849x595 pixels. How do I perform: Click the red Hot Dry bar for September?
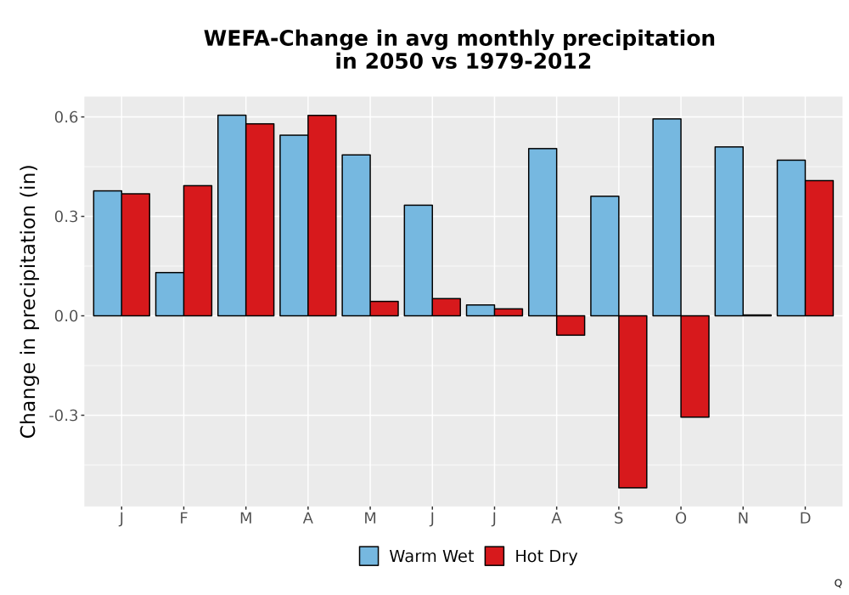pyautogui.click(x=633, y=401)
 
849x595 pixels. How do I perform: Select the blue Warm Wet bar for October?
pyautogui.click(x=666, y=218)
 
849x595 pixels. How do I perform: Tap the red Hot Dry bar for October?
pyautogui.click(x=694, y=366)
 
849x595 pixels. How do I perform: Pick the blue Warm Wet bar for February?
pyautogui.click(x=170, y=294)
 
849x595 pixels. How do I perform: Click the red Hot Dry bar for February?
pyautogui.click(x=198, y=251)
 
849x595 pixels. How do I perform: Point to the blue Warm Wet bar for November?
pyautogui.click(x=728, y=231)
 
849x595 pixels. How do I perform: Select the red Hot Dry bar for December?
pyautogui.click(x=819, y=248)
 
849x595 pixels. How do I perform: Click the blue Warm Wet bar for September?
pyautogui.click(x=604, y=256)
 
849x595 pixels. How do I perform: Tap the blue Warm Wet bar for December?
pyautogui.click(x=791, y=238)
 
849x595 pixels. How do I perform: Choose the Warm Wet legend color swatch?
pyautogui.click(x=368, y=556)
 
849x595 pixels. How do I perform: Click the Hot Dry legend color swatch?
pyautogui.click(x=494, y=556)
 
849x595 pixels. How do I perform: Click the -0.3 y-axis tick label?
pyautogui.click(x=64, y=416)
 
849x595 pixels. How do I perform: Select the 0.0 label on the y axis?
pyautogui.click(x=66, y=316)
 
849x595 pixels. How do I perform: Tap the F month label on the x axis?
pyautogui.click(x=183, y=518)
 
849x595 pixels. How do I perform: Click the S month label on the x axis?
pyautogui.click(x=618, y=518)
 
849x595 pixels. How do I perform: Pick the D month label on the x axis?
pyautogui.click(x=805, y=518)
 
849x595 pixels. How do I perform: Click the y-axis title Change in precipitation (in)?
pyautogui.click(x=28, y=301)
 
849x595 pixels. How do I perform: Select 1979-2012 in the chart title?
pyautogui.click(x=528, y=61)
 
